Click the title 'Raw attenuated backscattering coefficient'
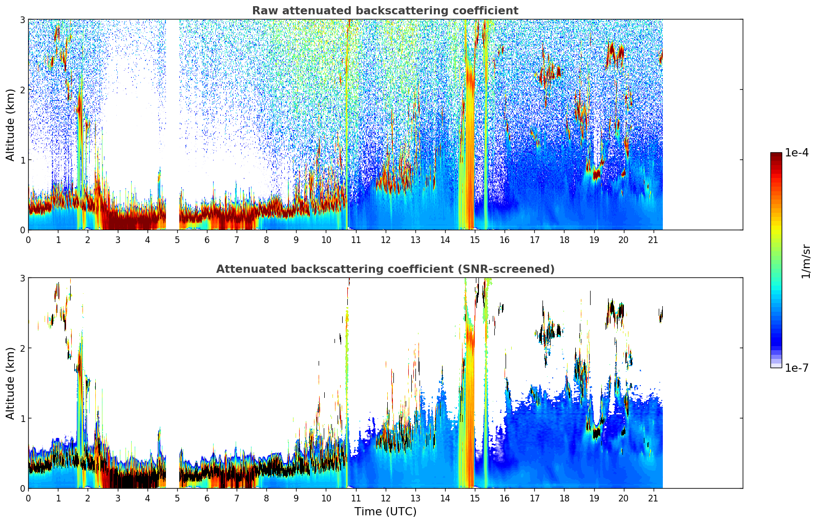[x=385, y=11]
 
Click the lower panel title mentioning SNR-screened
[x=385, y=269]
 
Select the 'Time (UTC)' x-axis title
[x=385, y=512]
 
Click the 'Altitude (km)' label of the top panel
[x=10, y=125]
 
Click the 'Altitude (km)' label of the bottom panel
[x=10, y=383]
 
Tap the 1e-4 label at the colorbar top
[x=797, y=153]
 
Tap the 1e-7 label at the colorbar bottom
[x=797, y=368]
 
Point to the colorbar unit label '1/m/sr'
[x=806, y=261]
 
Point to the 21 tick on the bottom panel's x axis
[x=653, y=498]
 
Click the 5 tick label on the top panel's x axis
[x=177, y=240]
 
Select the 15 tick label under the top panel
[x=475, y=240]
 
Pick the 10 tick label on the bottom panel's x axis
[x=326, y=498]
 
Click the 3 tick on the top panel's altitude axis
[x=23, y=19]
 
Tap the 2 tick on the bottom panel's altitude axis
[x=23, y=348]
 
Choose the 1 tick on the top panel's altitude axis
[x=23, y=160]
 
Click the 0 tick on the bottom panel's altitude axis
[x=23, y=488]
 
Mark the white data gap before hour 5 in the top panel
[x=173, y=123]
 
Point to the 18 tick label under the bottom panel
[x=564, y=498]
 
